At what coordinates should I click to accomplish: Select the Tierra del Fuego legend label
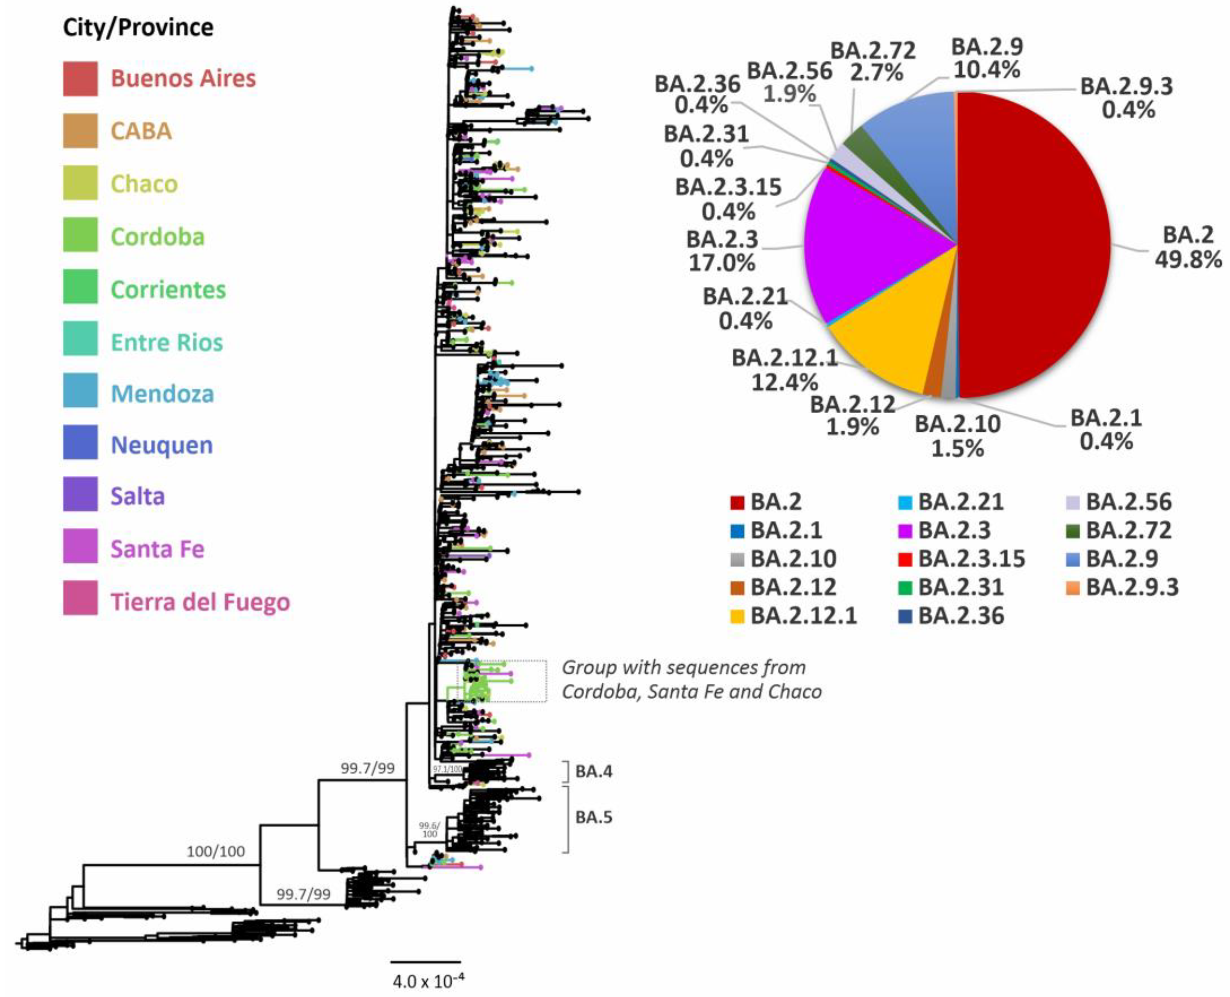pyautogui.click(x=200, y=602)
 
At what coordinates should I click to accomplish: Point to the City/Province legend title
pyautogui.click(x=138, y=27)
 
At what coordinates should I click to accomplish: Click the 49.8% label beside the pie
pyautogui.click(x=1187, y=260)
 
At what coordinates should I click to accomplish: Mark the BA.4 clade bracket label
pyautogui.click(x=594, y=771)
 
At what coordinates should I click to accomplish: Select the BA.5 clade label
pyautogui.click(x=594, y=817)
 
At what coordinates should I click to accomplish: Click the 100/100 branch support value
pyautogui.click(x=215, y=851)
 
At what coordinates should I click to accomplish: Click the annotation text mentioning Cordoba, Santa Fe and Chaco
pyautogui.click(x=691, y=679)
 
